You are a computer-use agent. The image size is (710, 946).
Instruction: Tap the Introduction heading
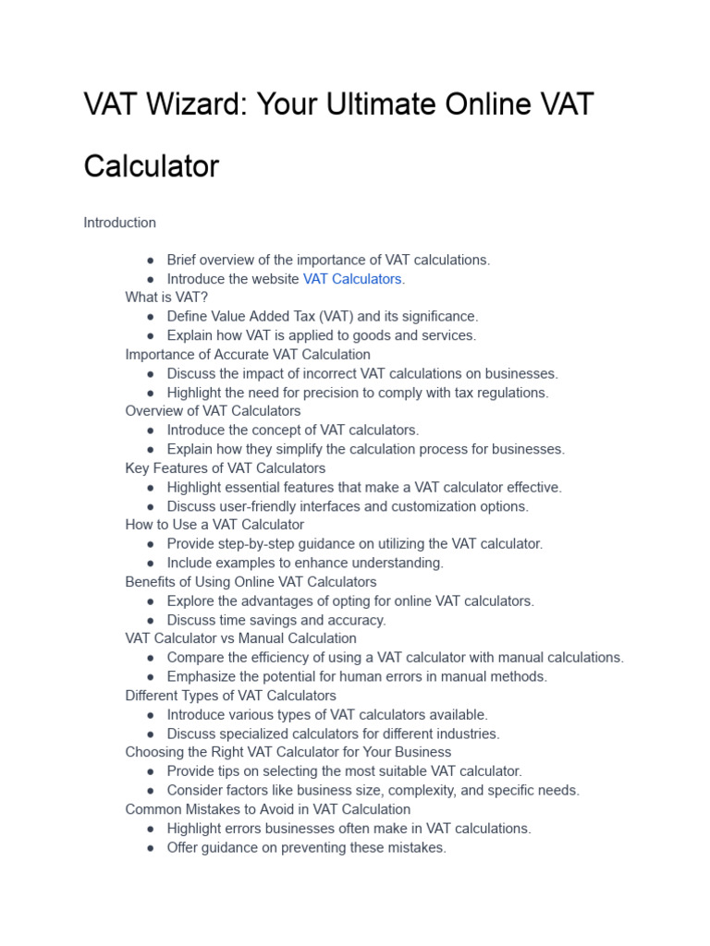pyautogui.click(x=119, y=223)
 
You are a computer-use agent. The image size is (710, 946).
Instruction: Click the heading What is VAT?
pyautogui.click(x=166, y=297)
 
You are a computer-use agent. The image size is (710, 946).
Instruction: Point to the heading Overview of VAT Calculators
pyautogui.click(x=213, y=411)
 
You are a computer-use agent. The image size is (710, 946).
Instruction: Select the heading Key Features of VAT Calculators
pyautogui.click(x=225, y=468)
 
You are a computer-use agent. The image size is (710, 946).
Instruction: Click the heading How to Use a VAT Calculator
pyautogui.click(x=214, y=525)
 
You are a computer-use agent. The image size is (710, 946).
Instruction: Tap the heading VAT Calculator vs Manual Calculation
pyautogui.click(x=240, y=638)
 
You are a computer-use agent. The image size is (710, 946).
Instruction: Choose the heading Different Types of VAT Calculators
pyautogui.click(x=230, y=696)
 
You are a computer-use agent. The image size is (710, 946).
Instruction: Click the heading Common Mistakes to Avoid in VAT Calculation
pyautogui.click(x=267, y=809)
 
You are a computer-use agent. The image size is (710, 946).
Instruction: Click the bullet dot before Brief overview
pyautogui.click(x=151, y=261)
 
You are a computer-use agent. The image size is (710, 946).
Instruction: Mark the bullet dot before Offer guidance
pyautogui.click(x=151, y=848)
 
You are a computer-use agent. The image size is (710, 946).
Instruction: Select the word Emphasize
pyautogui.click(x=202, y=677)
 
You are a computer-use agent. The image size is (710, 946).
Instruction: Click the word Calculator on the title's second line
pyautogui.click(x=151, y=166)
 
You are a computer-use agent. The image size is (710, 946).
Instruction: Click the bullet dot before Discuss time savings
pyautogui.click(x=151, y=621)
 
